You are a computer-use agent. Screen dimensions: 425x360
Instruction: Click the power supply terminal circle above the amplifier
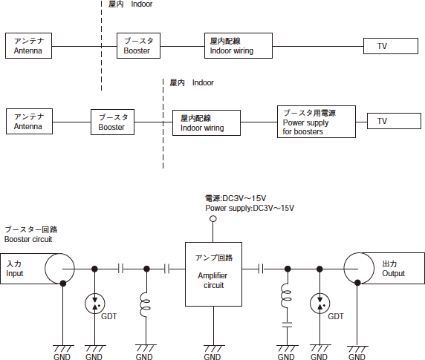(x=213, y=219)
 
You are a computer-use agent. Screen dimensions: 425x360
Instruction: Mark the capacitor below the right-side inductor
(x=287, y=325)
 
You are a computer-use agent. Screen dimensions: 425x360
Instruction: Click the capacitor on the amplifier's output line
(x=261, y=269)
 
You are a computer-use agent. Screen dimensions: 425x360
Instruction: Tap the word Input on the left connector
(x=15, y=274)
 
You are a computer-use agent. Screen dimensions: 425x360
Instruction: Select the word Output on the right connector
(x=393, y=273)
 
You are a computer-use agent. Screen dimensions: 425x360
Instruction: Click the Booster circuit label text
(x=28, y=239)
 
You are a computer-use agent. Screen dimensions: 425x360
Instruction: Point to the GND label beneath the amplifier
(x=212, y=357)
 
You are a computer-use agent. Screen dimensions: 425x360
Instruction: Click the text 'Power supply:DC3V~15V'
(x=250, y=208)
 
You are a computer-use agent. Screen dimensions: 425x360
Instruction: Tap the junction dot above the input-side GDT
(x=94, y=269)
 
